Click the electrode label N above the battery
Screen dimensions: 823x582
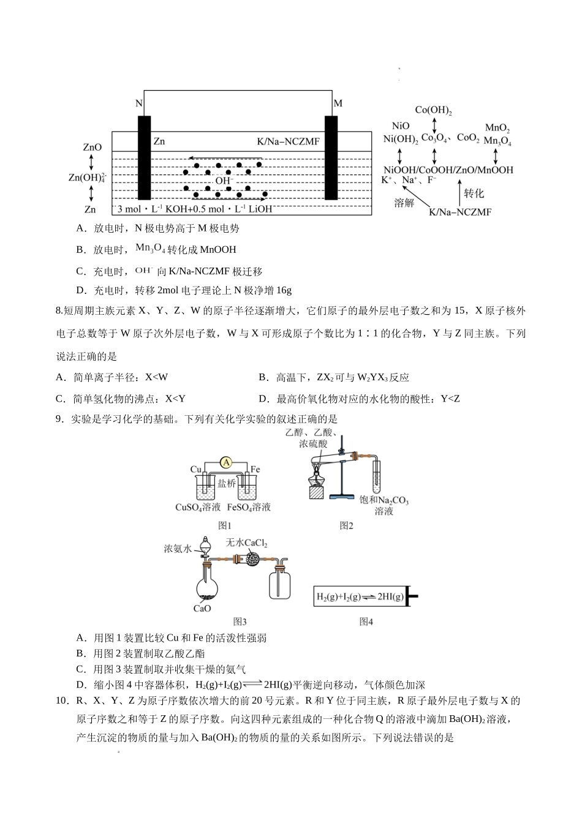[139, 103]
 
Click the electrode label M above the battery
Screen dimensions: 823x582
[338, 103]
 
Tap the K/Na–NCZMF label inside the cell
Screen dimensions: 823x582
[288, 142]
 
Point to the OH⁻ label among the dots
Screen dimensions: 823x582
[224, 181]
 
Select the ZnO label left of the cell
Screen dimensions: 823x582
[92, 148]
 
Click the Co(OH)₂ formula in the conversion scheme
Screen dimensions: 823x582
[433, 110]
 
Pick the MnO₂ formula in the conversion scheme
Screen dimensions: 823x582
[497, 128]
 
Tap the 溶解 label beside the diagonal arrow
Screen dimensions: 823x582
[404, 203]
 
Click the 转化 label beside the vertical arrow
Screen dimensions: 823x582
[474, 194]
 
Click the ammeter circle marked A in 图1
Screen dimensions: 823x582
[225, 462]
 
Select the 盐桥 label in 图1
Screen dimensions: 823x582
[226, 483]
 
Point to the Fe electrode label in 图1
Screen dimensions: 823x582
[255, 470]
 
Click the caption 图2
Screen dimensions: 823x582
[347, 525]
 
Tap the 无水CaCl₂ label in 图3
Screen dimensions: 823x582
[246, 543]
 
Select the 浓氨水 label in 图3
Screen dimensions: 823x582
[178, 549]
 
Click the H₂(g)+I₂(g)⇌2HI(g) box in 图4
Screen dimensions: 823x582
[360, 596]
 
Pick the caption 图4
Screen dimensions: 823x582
[366, 622]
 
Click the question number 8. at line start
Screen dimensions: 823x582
[59, 311]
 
